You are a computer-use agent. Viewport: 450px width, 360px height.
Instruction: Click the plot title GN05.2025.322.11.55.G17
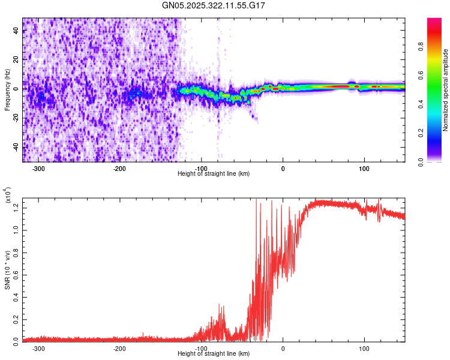coord(214,5)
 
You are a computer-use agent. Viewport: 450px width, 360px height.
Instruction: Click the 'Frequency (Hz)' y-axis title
coord(7,90)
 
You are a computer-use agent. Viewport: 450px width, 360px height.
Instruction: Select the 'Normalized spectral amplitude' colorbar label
coord(446,90)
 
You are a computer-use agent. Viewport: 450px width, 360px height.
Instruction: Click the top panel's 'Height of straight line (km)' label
coord(214,173)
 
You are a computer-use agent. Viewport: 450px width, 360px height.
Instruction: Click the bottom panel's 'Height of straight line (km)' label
coord(214,353)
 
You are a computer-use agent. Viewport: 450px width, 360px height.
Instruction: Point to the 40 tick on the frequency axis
coord(16,31)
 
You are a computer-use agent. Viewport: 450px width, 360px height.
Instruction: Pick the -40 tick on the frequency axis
coord(16,147)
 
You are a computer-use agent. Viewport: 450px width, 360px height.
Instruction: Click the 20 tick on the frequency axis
coord(16,60)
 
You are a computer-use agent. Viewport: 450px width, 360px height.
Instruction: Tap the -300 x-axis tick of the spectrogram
coord(38,168)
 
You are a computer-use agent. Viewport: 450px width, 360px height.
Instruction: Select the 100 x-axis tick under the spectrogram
coord(364,168)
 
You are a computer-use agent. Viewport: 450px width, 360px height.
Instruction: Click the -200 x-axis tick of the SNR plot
coord(119,348)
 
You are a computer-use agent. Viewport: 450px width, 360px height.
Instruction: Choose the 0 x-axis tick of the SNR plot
coord(283,348)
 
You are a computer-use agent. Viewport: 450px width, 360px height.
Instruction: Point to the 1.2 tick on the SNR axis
coord(16,208)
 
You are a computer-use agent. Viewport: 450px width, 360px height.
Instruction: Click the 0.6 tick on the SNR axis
coord(16,274)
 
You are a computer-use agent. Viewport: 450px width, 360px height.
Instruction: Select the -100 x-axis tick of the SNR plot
coord(201,348)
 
